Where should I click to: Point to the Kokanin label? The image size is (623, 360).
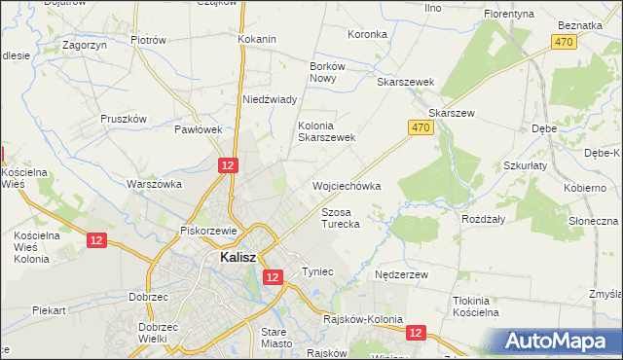coord(257,39)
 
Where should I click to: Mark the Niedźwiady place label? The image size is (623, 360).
coord(269,99)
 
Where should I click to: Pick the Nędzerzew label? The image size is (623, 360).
coord(402,275)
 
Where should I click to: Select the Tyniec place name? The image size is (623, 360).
coord(317,271)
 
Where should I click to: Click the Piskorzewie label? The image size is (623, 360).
coord(209,231)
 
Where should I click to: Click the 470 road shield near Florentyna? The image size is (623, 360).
coord(563,42)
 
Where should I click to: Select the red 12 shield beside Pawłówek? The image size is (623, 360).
coord(227,166)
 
